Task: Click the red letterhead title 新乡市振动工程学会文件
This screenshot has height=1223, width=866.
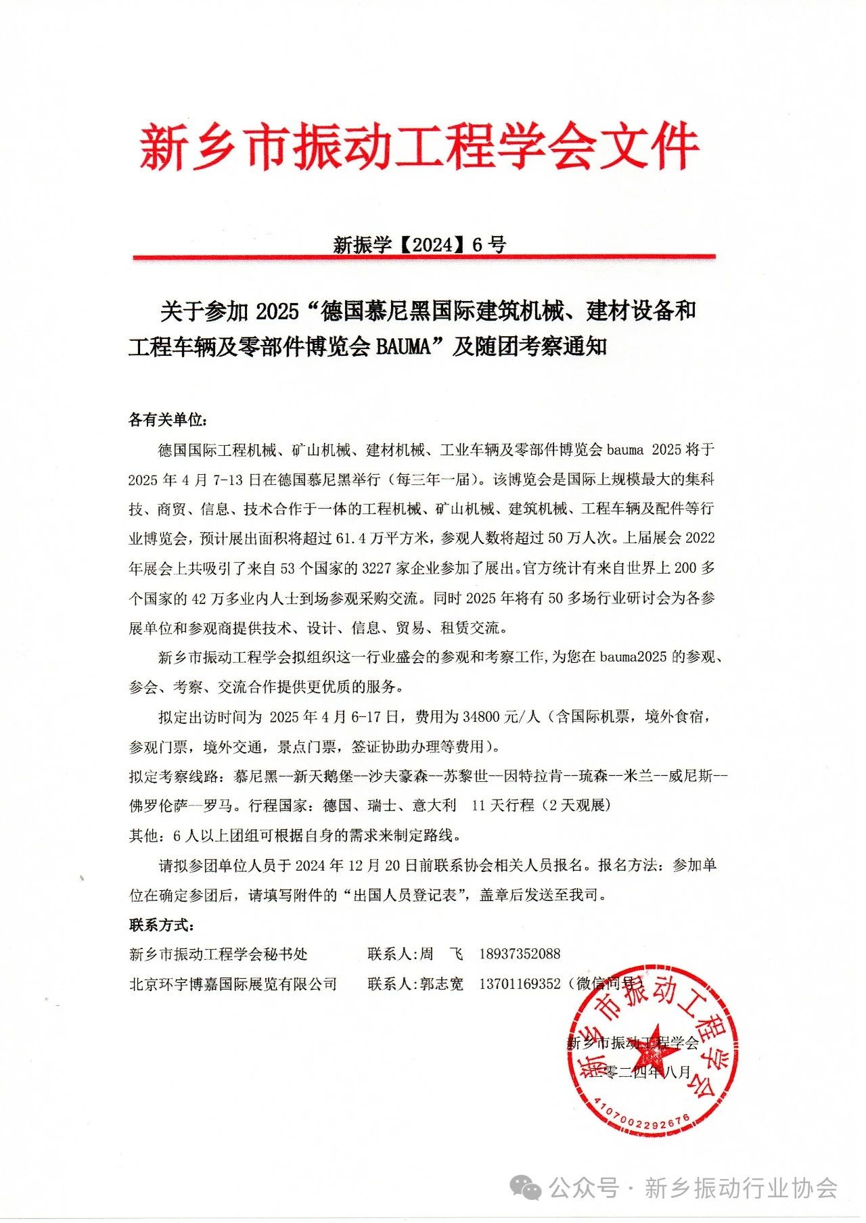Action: (x=419, y=146)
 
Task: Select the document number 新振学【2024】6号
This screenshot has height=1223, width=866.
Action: (x=419, y=244)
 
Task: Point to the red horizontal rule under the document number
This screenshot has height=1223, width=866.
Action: (x=424, y=257)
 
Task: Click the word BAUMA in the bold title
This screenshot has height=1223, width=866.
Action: (x=403, y=348)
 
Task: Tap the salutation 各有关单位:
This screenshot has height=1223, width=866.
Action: (x=168, y=420)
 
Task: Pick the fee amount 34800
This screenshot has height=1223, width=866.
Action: (x=485, y=716)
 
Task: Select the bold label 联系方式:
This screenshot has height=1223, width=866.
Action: (x=162, y=925)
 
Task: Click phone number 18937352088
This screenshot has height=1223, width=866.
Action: (x=520, y=954)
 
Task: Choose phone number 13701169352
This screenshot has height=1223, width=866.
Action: (x=520, y=984)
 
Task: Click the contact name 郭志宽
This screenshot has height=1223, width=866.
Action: (x=442, y=984)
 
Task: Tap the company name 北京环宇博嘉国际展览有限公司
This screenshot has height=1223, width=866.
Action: (x=233, y=984)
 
